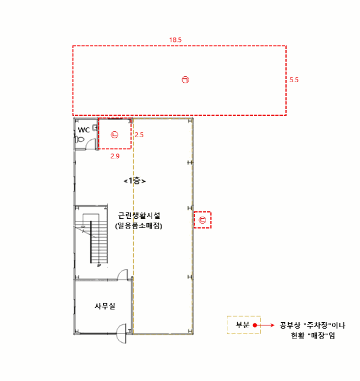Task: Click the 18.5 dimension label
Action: point(175,40)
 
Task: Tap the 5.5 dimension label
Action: point(294,80)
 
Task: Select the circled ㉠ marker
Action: point(185,79)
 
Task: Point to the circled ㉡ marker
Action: point(115,134)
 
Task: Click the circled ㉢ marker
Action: point(202,220)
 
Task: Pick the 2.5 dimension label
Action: point(139,135)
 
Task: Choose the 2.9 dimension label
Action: point(115,156)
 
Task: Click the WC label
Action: point(84,130)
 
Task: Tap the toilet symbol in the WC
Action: point(79,139)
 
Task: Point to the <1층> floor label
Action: point(134,181)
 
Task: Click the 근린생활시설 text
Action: point(139,216)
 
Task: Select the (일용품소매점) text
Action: point(139,226)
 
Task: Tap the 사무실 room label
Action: point(105,306)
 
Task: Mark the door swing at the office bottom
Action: point(121,334)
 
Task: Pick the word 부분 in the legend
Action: point(243,325)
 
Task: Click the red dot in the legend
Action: point(255,325)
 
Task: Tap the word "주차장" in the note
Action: point(318,325)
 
